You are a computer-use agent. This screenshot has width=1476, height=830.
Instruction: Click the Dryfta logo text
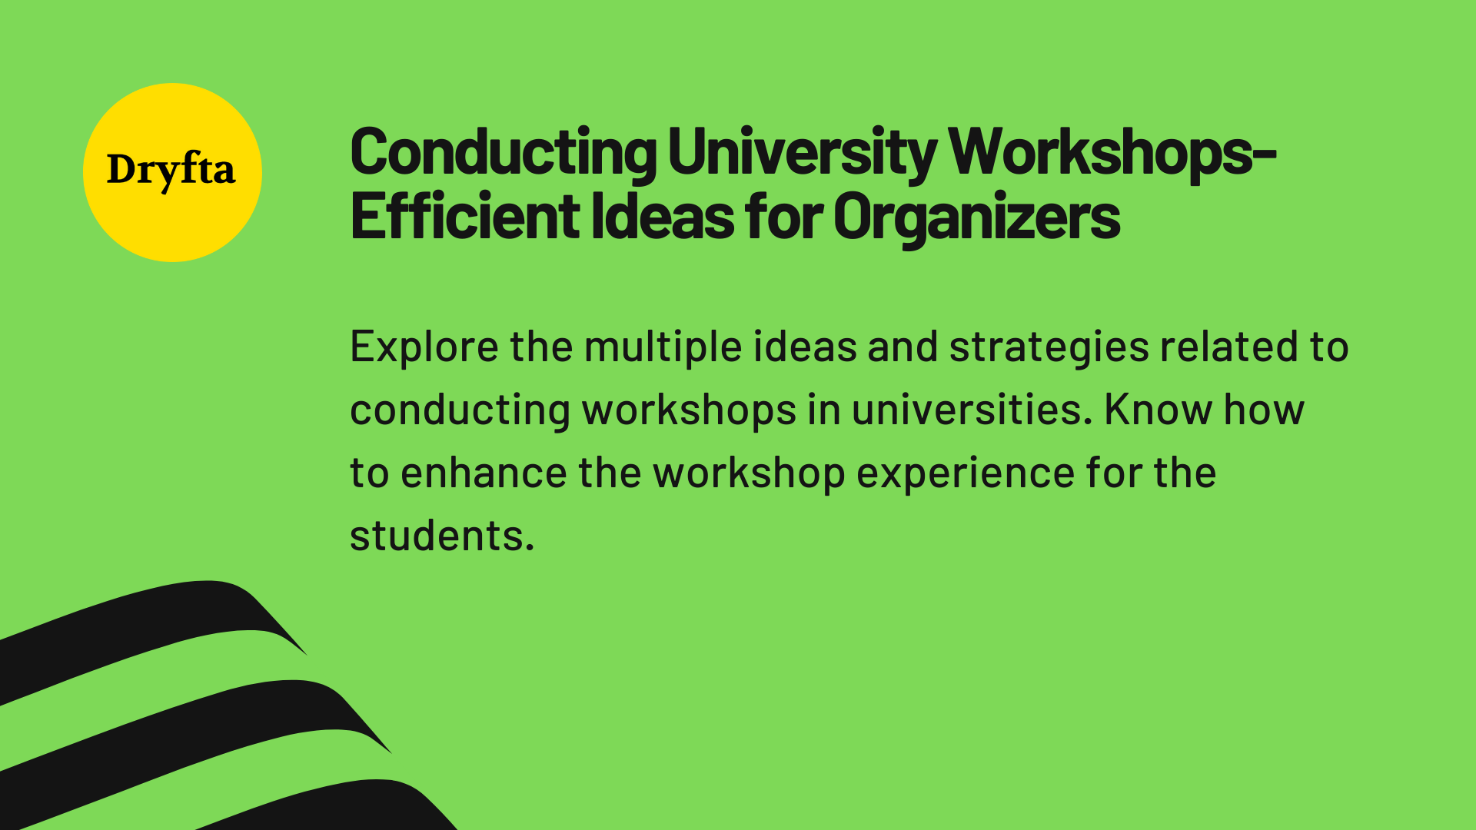pos(171,170)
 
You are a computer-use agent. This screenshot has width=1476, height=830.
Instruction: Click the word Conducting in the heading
pos(503,153)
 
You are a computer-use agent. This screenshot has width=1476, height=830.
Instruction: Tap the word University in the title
pos(802,153)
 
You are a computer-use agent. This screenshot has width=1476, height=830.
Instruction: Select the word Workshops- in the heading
pos(1112,153)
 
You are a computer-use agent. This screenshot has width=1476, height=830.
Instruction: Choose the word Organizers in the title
pos(976,217)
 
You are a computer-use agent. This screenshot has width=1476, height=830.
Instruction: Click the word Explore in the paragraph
pos(424,347)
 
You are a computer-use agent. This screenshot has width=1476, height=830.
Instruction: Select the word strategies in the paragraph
pos(1049,347)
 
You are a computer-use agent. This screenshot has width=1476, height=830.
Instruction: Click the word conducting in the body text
pos(460,410)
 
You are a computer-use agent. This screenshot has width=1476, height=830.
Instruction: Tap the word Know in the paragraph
pos(1158,410)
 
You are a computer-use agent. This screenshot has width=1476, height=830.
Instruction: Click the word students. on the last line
pos(441,536)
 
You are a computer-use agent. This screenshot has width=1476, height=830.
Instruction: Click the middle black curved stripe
pos(154,730)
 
